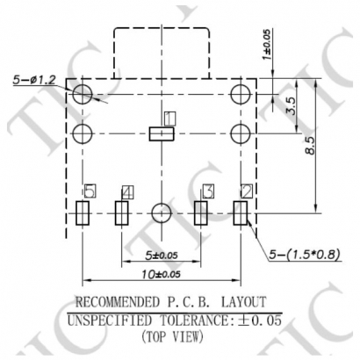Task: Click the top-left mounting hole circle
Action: click(x=83, y=93)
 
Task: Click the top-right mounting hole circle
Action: click(x=241, y=93)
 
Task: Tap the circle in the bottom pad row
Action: click(x=160, y=212)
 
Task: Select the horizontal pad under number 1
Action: click(x=162, y=133)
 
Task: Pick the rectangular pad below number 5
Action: click(x=83, y=213)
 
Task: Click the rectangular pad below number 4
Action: click(x=122, y=213)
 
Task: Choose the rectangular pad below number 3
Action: click(x=201, y=213)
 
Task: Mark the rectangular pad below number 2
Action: click(x=241, y=213)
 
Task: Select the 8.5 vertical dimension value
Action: click(x=310, y=146)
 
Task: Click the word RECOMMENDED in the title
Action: click(x=120, y=304)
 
